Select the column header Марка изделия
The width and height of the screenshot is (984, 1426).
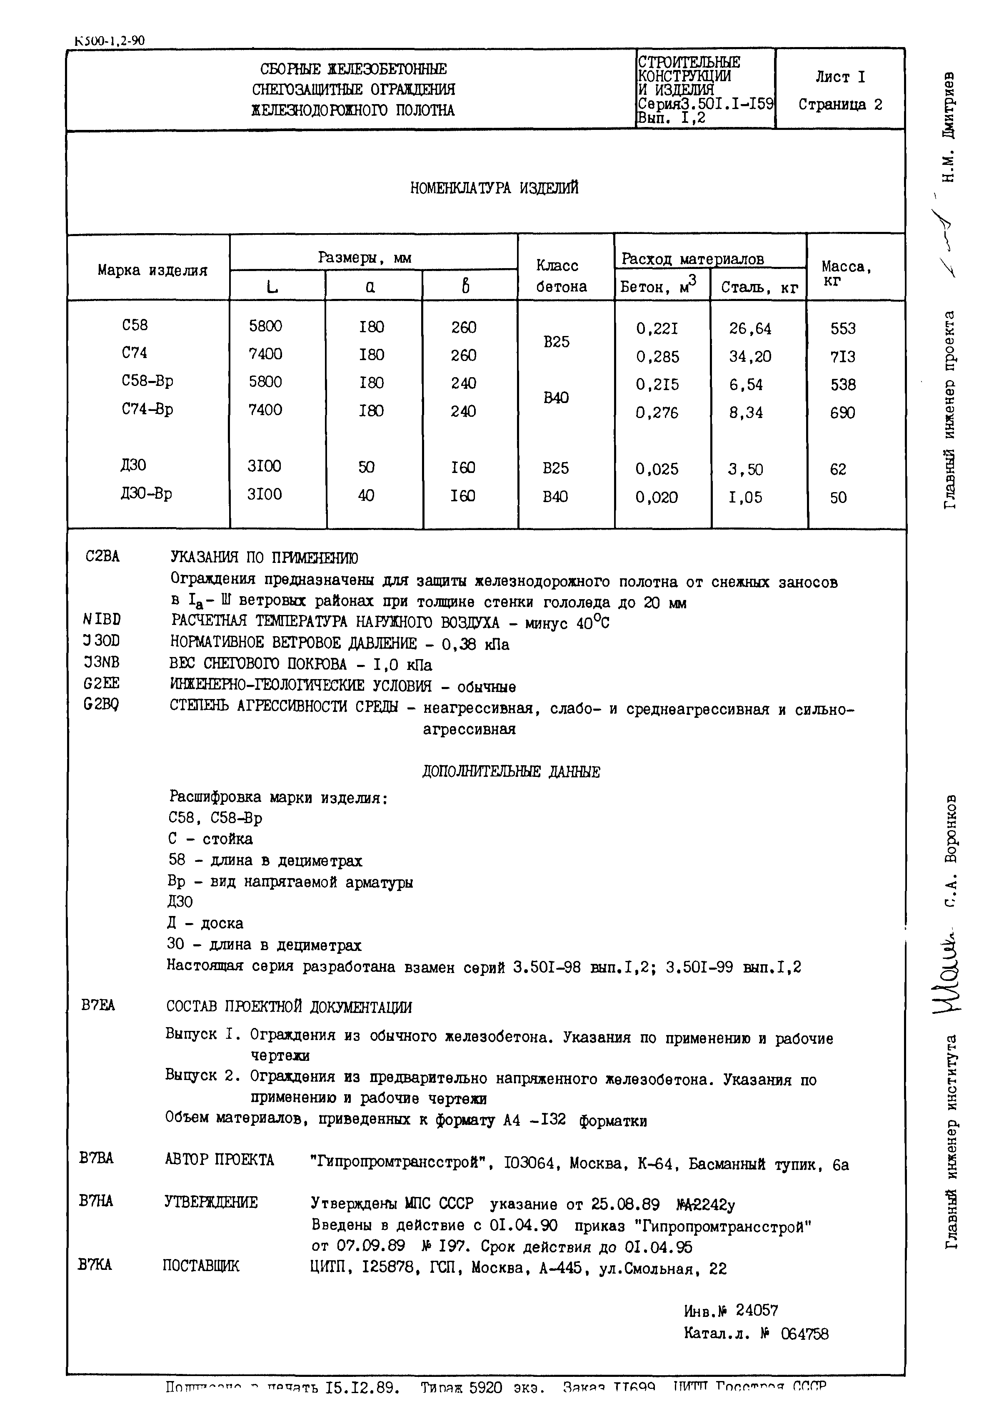coord(152,270)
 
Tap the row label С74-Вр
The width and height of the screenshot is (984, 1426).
coord(147,409)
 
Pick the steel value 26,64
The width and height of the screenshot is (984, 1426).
coord(750,329)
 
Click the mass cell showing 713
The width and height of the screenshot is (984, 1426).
coord(843,356)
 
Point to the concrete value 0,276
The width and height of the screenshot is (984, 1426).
coord(657,412)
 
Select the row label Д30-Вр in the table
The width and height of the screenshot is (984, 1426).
coord(146,494)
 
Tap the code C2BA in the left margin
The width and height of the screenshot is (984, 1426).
coord(102,557)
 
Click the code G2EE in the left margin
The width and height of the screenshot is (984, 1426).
coord(102,683)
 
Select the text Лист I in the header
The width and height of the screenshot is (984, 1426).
coord(840,77)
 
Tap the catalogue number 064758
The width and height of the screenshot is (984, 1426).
coord(804,1334)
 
